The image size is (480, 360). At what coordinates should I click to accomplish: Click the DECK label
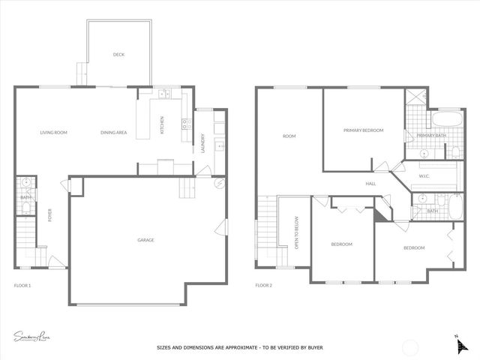pos(118,54)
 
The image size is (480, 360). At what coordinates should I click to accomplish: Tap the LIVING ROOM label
pos(54,133)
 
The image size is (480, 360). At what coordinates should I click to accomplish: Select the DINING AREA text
pos(113,133)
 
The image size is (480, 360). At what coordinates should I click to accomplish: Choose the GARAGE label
pos(145,240)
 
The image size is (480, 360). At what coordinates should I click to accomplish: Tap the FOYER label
pos(50,215)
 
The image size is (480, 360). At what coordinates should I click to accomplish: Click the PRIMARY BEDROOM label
pos(363,130)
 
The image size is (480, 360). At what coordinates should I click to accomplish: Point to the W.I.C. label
pos(424,176)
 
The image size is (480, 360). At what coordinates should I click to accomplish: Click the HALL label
pos(370,183)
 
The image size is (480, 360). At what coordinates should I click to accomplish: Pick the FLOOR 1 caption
pos(22,285)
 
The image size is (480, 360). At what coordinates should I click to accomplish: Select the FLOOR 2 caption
pos(263,285)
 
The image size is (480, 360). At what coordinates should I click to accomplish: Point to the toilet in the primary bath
pos(455,152)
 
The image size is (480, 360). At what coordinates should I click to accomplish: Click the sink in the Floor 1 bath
pos(25,182)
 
